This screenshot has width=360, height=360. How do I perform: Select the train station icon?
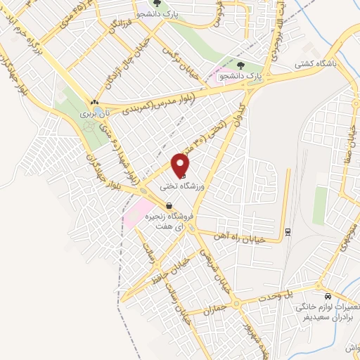[288, 232]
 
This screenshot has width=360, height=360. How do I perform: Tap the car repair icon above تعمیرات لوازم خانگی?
[328, 296]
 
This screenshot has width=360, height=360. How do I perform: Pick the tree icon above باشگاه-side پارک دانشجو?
[241, 66]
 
